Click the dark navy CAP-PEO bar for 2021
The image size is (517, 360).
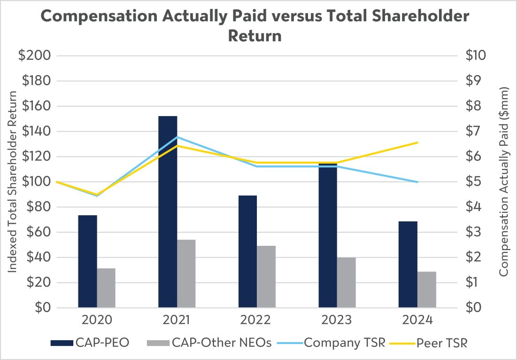coord(168,212)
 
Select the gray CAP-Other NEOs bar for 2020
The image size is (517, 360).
coord(106,288)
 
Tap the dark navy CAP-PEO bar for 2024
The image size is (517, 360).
coord(408,264)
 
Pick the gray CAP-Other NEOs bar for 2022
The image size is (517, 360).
coord(266,276)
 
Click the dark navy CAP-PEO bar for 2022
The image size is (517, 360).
coord(247,251)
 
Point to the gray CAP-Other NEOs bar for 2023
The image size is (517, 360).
coord(347,282)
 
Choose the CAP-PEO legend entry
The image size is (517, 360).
coord(90,343)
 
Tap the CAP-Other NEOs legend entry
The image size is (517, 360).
coord(209,343)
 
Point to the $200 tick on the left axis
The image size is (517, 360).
coord(35,55)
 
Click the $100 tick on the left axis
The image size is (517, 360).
coord(36,181)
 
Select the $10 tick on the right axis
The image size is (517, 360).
coord(476,55)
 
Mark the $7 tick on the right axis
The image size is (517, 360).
coord(473,131)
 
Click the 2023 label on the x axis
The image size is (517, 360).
coord(337,320)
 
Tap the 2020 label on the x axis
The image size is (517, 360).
coord(97,320)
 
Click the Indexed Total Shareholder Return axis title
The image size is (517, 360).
coord(12,181)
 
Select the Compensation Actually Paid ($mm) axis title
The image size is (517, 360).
coord(503,181)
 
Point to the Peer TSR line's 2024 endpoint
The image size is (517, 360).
coord(417,142)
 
